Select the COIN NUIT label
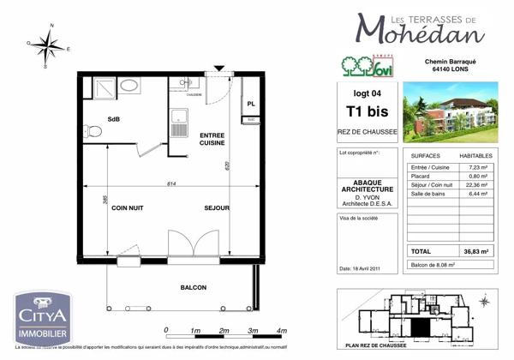click(x=127, y=208)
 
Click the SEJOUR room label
click(x=217, y=208)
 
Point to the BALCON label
click(x=193, y=288)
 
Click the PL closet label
click(x=251, y=104)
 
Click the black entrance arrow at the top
click(x=220, y=69)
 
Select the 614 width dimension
click(x=171, y=183)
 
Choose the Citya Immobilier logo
click(x=42, y=315)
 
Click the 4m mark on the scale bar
click(x=282, y=330)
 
